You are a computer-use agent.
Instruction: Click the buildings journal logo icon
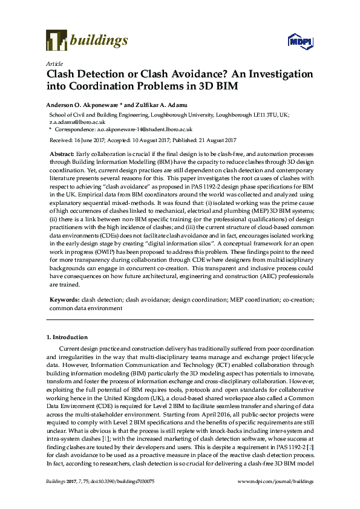point(56,41)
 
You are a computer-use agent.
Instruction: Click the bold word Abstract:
point(62,154)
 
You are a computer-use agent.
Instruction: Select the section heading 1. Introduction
point(67,337)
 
